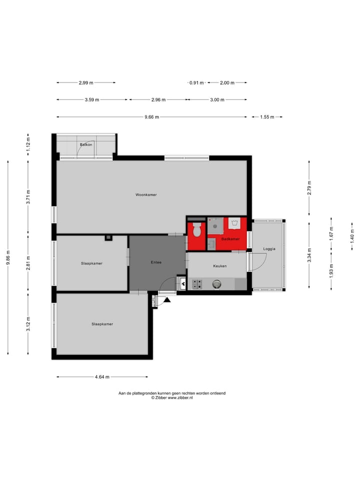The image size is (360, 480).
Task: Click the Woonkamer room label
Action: (x=146, y=194)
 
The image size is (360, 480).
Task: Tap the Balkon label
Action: (x=86, y=145)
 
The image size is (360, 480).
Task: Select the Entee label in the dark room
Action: (x=156, y=262)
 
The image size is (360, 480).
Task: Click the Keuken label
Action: (x=220, y=266)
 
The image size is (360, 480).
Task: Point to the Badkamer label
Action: (x=230, y=239)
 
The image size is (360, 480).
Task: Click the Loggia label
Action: (x=269, y=248)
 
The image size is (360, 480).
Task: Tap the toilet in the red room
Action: (x=196, y=230)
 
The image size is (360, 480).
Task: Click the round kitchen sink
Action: (x=217, y=284)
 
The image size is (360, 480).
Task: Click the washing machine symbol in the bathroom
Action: (x=234, y=223)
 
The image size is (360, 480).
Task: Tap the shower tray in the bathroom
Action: (x=215, y=225)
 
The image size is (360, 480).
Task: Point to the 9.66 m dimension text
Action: (x=151, y=117)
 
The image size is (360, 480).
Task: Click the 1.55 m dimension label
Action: (x=267, y=117)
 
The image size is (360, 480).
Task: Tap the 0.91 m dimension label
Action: (x=196, y=83)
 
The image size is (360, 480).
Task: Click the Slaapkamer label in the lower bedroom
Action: (x=102, y=324)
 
